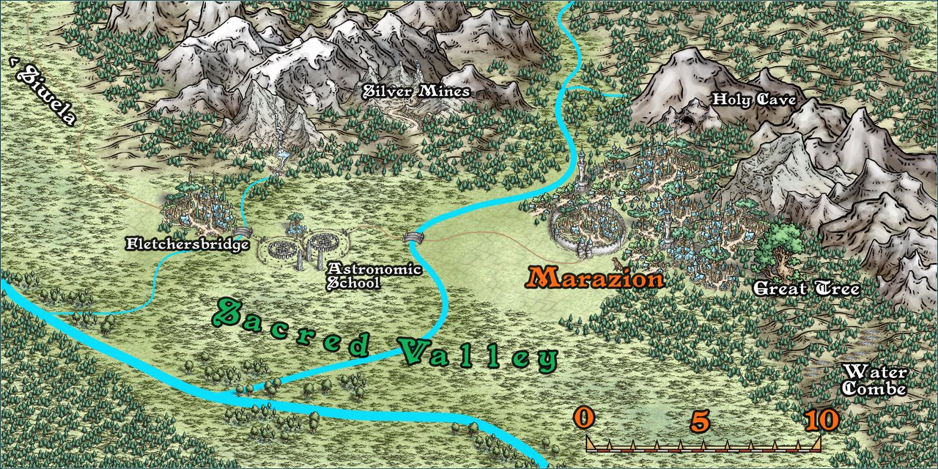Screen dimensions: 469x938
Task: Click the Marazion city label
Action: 595,278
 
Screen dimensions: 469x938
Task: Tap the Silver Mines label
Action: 417,92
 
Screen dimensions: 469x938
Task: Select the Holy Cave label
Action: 754,100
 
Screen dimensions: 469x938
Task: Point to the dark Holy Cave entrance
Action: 687,120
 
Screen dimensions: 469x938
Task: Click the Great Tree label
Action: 806,289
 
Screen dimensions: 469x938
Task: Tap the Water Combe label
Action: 874,380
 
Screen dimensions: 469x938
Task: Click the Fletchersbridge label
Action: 188,244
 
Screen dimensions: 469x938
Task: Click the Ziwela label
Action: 44,94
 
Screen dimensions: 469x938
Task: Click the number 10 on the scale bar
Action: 820,420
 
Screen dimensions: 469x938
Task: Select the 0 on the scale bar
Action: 583,418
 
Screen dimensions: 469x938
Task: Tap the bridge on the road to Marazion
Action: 413,237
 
